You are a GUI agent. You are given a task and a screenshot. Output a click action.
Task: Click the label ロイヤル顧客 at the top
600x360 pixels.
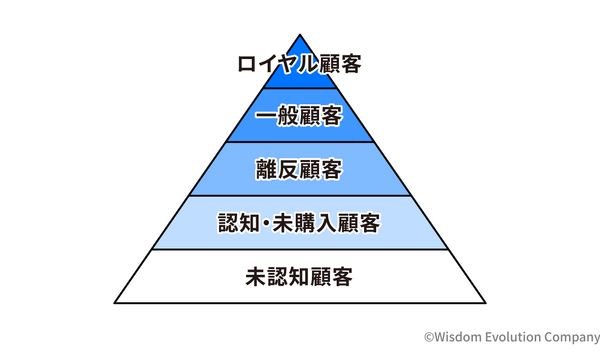[300, 66]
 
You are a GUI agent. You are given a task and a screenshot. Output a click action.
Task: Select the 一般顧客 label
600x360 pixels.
[300, 117]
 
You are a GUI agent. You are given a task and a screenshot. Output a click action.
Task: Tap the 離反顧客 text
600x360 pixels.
[300, 169]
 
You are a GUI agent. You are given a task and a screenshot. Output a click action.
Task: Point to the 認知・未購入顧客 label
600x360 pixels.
[300, 222]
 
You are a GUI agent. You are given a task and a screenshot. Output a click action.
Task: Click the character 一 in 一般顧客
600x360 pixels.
[265, 117]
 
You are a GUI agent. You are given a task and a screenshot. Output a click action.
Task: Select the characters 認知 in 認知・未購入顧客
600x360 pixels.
[238, 222]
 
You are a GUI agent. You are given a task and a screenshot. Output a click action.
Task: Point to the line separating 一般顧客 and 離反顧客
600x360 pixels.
[300, 142]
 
